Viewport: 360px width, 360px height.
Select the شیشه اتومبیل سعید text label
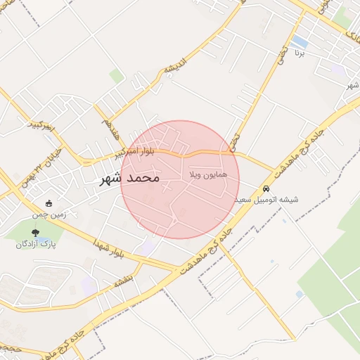[x=266, y=200]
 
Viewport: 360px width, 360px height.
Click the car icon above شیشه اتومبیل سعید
[x=266, y=189]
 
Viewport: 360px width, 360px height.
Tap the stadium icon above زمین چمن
[x=48, y=203]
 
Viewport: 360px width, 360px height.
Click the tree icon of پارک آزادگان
[x=36, y=232]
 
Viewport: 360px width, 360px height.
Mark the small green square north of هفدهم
[x=117, y=76]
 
